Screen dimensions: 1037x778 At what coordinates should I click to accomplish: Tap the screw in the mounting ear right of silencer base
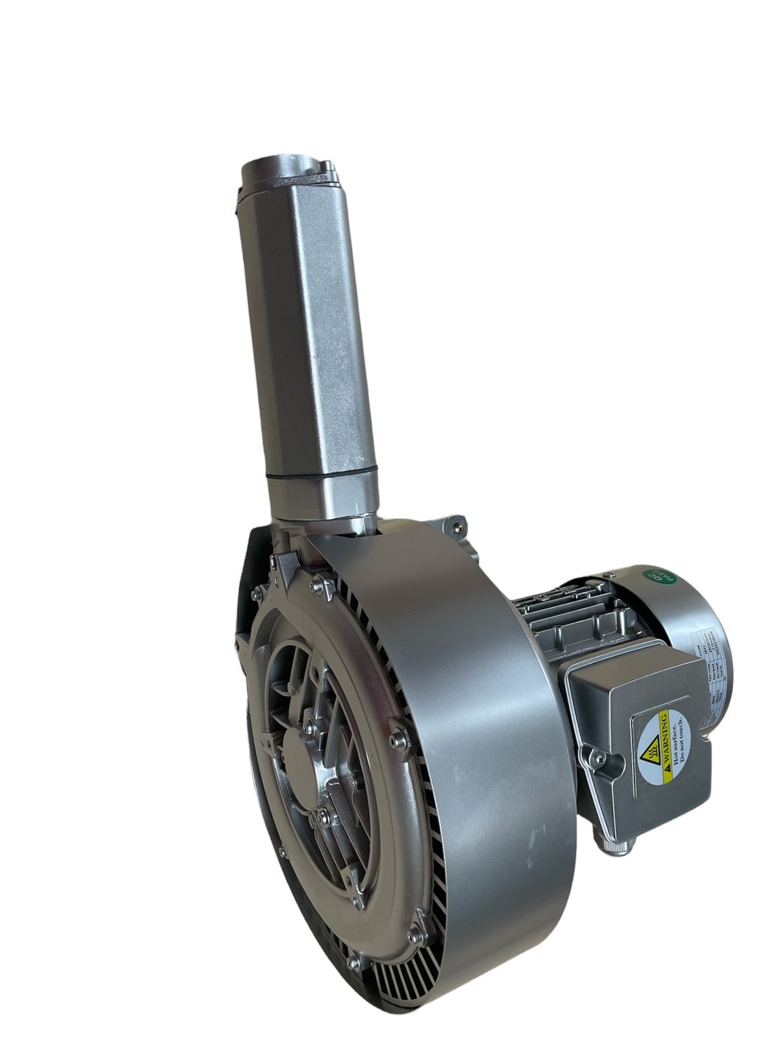coord(458,523)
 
